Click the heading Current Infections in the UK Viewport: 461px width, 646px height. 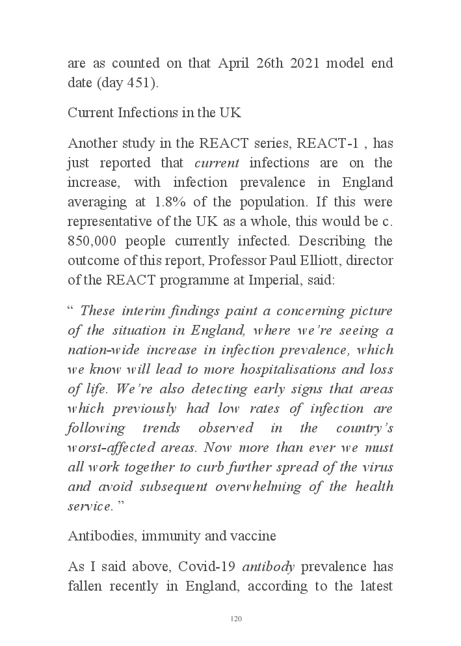154,113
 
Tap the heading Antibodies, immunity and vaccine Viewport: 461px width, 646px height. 172,536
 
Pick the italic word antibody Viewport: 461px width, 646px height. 269,567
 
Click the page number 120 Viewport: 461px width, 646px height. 236,619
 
